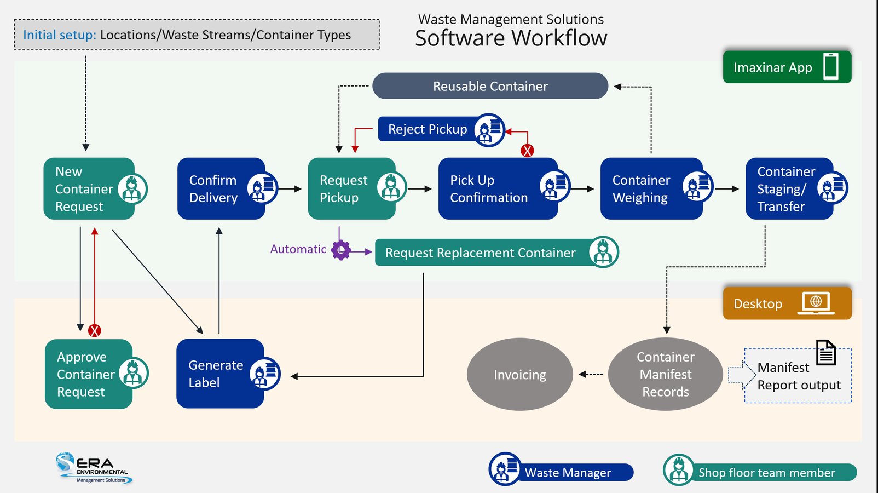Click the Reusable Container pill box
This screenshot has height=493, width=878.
point(490,86)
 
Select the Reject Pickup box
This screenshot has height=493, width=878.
point(428,129)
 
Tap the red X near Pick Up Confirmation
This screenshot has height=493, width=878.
point(527,151)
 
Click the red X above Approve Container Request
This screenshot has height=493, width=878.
point(95,330)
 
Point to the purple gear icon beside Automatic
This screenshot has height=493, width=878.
point(341,250)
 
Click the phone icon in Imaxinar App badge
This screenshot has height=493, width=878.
point(831,67)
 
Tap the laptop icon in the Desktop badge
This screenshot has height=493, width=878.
point(816,303)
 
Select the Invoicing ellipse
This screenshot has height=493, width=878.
point(519,375)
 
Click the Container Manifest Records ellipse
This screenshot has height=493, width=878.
point(665,375)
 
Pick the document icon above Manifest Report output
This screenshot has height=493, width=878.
point(826,352)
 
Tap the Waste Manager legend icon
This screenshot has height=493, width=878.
point(505,469)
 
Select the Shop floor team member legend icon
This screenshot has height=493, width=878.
point(679,470)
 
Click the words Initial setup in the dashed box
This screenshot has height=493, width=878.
point(59,35)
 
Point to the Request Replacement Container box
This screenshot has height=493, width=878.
point(481,253)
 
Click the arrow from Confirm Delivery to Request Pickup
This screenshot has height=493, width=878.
point(290,189)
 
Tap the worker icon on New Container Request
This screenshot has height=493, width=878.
point(132,189)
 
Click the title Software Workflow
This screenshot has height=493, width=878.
point(511,38)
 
